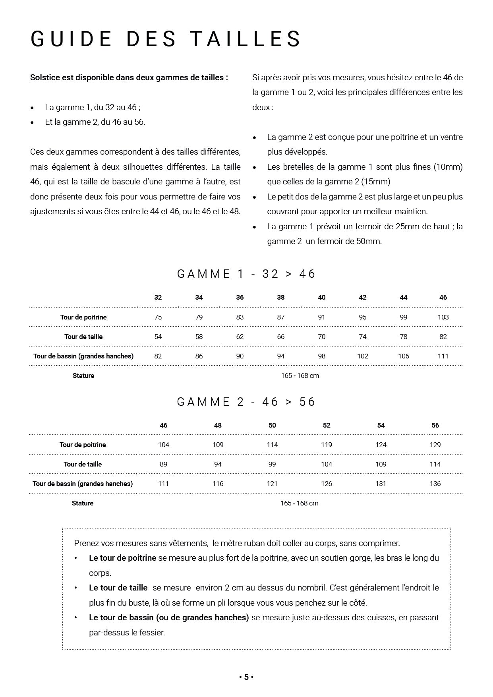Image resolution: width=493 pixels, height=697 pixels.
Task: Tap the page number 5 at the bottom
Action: pyautogui.click(x=246, y=677)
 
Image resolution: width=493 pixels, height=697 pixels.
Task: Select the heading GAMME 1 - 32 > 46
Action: pyautogui.click(x=246, y=274)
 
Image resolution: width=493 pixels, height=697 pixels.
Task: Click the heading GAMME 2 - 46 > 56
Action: pyautogui.click(x=246, y=402)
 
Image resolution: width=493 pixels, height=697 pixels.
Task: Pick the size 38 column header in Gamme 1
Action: pyautogui.click(x=281, y=297)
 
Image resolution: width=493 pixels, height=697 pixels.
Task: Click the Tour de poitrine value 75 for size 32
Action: pyautogui.click(x=158, y=317)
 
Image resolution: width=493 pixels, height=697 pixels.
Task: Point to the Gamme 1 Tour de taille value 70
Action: pyautogui.click(x=322, y=337)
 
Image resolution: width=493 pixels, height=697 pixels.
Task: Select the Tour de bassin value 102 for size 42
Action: pyautogui.click(x=363, y=356)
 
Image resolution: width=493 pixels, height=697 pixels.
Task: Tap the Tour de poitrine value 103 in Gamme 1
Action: pyautogui.click(x=443, y=317)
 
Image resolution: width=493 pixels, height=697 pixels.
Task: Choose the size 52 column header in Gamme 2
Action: pyautogui.click(x=327, y=425)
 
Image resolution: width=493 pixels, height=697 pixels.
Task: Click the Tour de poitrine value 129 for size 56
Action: pyautogui.click(x=435, y=445)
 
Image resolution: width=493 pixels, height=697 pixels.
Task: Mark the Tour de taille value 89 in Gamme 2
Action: pyautogui.click(x=163, y=464)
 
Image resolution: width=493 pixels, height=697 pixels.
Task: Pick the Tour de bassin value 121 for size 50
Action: pyautogui.click(x=272, y=484)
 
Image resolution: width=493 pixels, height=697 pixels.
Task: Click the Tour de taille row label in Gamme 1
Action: pyautogui.click(x=83, y=337)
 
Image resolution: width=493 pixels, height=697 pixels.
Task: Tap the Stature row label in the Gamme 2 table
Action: pyautogui.click(x=83, y=503)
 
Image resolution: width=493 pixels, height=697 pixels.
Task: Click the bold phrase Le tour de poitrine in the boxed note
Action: pyautogui.click(x=122, y=558)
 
